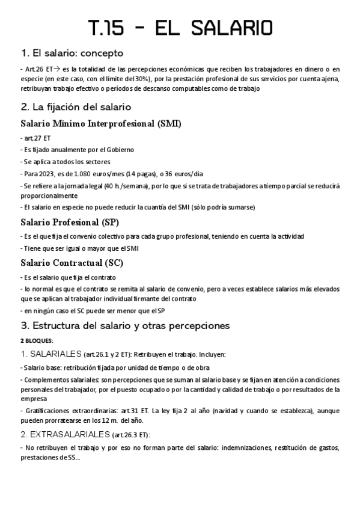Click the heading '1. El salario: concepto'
72,52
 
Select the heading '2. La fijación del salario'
76,107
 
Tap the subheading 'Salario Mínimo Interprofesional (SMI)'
101,124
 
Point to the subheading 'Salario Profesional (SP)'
70,222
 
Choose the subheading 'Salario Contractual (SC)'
72,263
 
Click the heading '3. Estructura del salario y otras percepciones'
124,326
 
